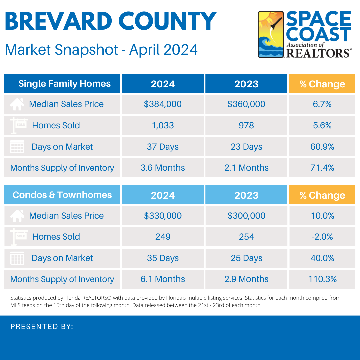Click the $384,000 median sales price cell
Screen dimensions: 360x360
[x=163, y=104]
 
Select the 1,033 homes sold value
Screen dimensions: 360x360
[x=163, y=125]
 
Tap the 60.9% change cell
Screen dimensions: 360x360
[x=322, y=147]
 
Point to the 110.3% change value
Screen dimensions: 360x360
[x=322, y=279]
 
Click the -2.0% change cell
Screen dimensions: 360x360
[x=322, y=237]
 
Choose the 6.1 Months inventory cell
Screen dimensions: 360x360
[x=163, y=279]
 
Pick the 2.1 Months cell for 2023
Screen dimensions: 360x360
[x=246, y=168]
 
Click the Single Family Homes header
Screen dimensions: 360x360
[x=64, y=83]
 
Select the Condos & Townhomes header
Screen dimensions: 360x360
[x=62, y=195]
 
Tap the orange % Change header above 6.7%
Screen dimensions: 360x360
[x=322, y=84]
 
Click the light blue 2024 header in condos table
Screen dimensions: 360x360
[x=163, y=195]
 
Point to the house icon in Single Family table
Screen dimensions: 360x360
[x=17, y=104]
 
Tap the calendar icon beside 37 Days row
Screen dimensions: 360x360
[x=17, y=147]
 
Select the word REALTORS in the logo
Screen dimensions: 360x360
[x=318, y=53]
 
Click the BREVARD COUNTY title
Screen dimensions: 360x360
[x=110, y=21]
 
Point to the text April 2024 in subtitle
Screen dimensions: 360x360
[x=163, y=50]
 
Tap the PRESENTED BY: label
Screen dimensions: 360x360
[x=42, y=327]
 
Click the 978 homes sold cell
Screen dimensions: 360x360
[x=246, y=125]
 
